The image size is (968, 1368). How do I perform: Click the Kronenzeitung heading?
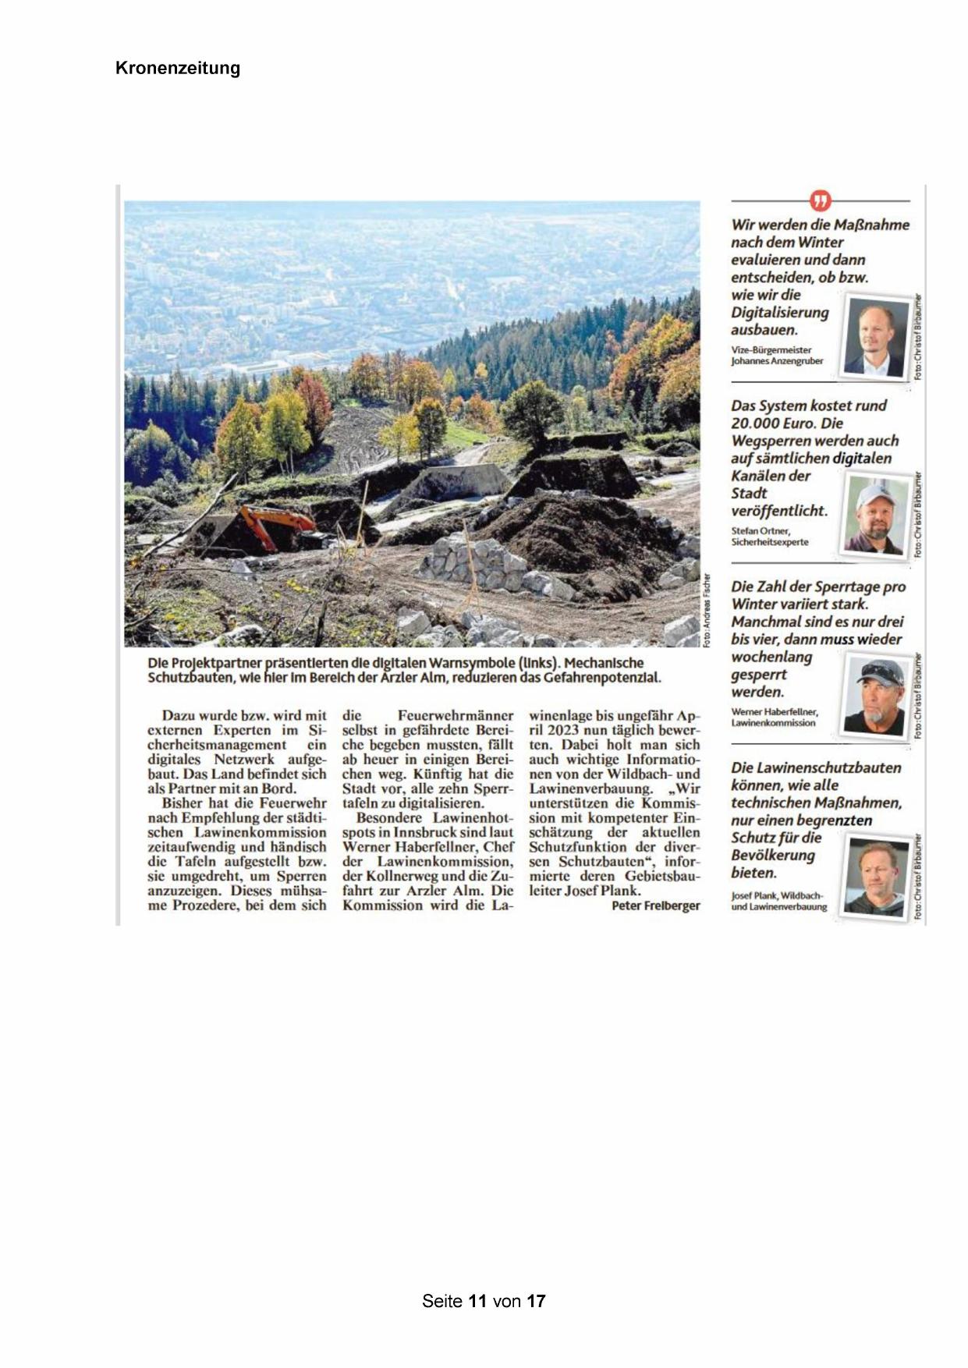pyautogui.click(x=178, y=68)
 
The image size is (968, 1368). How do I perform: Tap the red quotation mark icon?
pyautogui.click(x=820, y=201)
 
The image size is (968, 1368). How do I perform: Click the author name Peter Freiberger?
pyautogui.click(x=655, y=906)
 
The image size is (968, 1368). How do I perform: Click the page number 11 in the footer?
pyautogui.click(x=477, y=1301)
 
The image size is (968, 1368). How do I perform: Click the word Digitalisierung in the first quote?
pyautogui.click(x=779, y=313)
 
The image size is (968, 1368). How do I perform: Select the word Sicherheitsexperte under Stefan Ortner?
pyautogui.click(x=770, y=542)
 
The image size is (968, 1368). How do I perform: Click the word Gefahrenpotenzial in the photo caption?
pyautogui.click(x=601, y=678)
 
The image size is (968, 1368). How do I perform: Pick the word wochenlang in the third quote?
pyautogui.click(x=771, y=657)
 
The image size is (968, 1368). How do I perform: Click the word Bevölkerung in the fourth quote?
pyautogui.click(x=772, y=856)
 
